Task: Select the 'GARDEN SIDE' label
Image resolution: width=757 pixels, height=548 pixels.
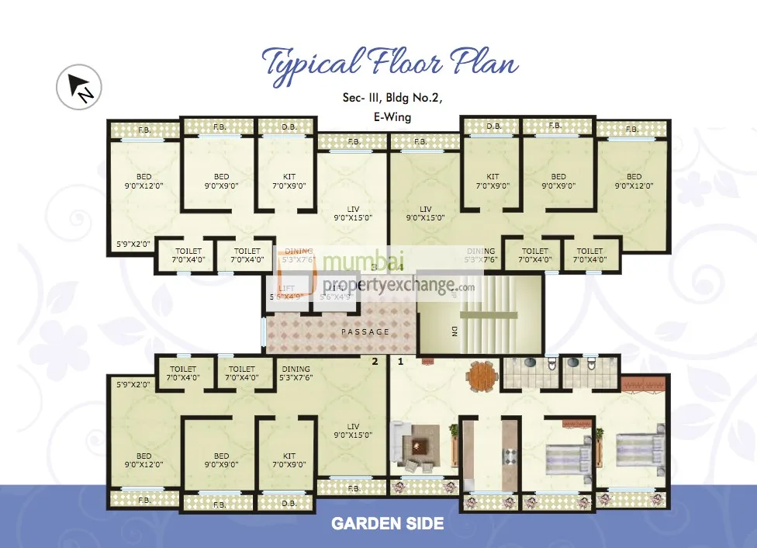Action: [x=387, y=523]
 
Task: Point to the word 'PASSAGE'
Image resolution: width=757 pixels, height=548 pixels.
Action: [x=365, y=332]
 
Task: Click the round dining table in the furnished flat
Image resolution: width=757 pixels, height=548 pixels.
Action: [x=481, y=376]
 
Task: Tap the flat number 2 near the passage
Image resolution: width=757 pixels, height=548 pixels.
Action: [x=375, y=361]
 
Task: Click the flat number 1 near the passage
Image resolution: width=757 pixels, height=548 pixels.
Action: [x=401, y=361]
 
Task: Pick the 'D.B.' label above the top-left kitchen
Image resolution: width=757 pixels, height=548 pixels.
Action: [x=289, y=127]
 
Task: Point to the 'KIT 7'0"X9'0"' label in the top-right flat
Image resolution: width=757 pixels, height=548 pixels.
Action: [x=493, y=182]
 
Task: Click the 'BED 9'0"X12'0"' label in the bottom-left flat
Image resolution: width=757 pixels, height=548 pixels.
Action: [x=144, y=460]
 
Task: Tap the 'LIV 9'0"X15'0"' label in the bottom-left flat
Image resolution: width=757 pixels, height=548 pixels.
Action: [x=354, y=431]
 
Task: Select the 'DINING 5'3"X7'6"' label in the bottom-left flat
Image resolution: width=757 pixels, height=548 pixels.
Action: [x=296, y=373]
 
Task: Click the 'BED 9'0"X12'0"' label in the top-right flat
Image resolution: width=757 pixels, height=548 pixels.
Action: [x=634, y=182]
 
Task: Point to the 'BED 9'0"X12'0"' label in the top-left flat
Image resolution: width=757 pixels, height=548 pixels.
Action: [x=144, y=182]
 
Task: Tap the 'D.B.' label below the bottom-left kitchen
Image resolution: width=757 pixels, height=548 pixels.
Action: [x=289, y=504]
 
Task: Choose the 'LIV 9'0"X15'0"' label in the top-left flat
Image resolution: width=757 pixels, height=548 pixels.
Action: [x=354, y=214]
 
